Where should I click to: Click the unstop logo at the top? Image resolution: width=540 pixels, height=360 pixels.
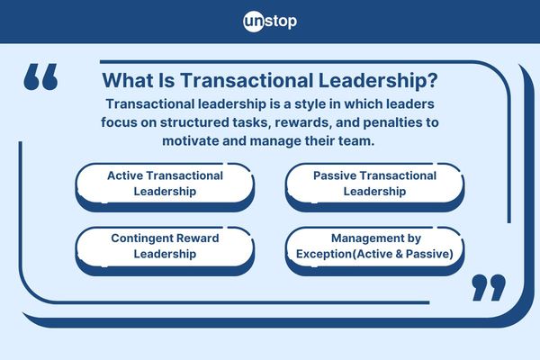pos(269,21)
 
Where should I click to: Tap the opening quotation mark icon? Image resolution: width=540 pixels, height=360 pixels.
pos(40,77)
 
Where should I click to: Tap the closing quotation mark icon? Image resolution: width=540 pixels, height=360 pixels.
pos(489,287)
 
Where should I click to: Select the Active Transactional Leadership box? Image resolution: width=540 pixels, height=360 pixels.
pos(165,184)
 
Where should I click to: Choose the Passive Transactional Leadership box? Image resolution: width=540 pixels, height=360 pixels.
pos(374,184)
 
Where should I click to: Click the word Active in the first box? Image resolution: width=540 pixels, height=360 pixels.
pos(127,175)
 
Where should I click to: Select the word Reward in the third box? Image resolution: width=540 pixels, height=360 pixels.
pos(199,239)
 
